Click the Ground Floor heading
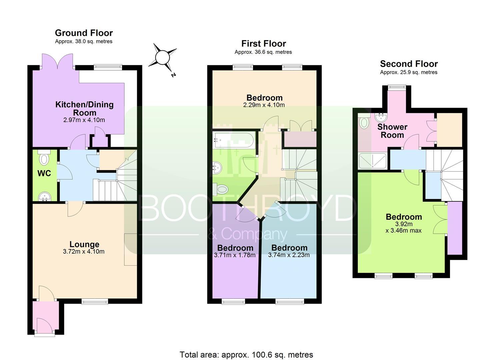[x=84, y=33]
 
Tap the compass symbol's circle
[x=162, y=57]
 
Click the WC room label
[x=44, y=173]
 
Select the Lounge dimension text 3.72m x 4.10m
[x=84, y=251]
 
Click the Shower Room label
[x=392, y=131]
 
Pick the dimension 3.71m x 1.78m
[x=235, y=255]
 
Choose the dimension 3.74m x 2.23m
[x=289, y=255]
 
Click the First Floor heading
[x=264, y=44]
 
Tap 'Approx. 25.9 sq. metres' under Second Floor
[x=409, y=72]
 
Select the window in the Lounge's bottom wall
[x=95, y=301]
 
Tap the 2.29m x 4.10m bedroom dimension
[x=264, y=105]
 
